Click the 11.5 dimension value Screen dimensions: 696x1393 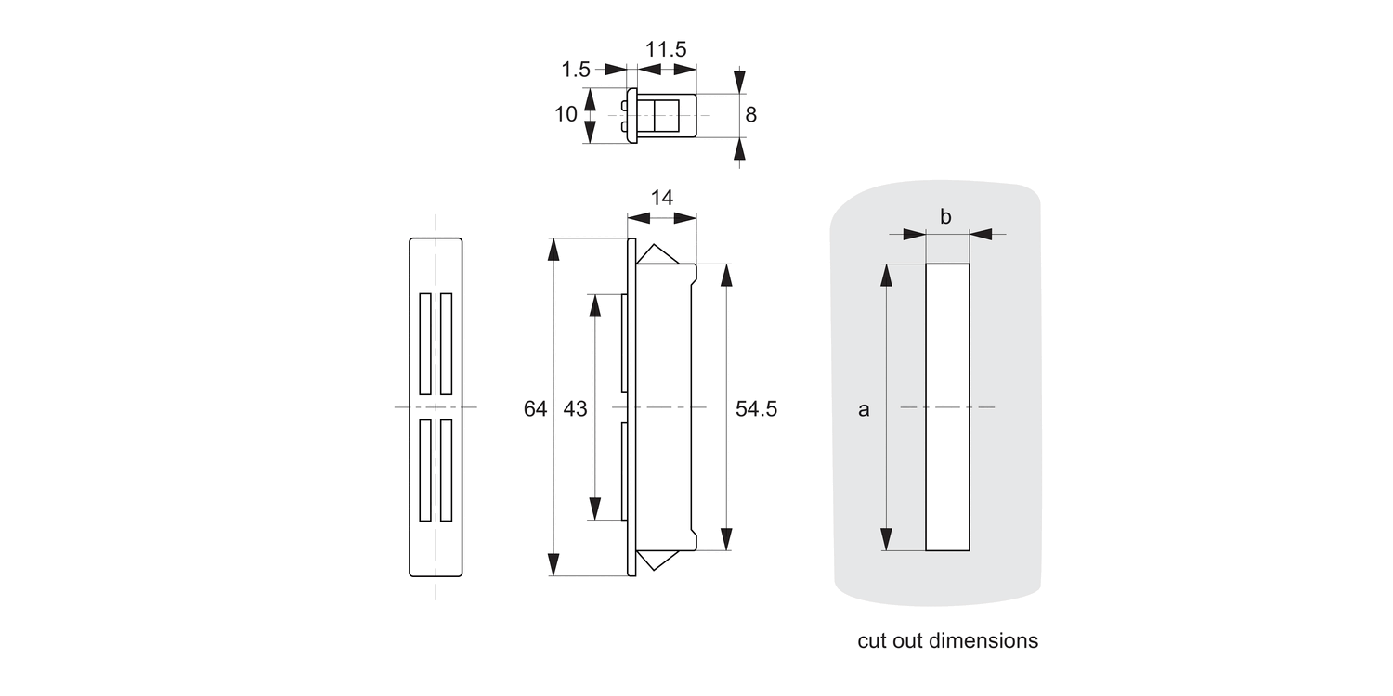pyautogui.click(x=666, y=49)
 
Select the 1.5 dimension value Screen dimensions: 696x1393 pyautogui.click(x=576, y=70)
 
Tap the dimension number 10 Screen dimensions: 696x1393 pyautogui.click(x=566, y=115)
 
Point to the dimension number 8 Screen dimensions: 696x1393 pyautogui.click(x=750, y=115)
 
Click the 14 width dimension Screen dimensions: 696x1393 pyautogui.click(x=661, y=198)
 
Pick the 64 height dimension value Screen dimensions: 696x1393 pyautogui.click(x=535, y=408)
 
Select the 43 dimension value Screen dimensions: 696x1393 pyautogui.click(x=575, y=408)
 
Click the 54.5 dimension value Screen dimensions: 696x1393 pyautogui.click(x=756, y=408)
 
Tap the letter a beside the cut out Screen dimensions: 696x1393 pyautogui.click(x=864, y=408)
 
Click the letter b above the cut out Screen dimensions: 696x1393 pyautogui.click(x=945, y=217)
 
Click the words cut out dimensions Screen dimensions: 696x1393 pyautogui.click(x=947, y=640)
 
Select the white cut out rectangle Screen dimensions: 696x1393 pyautogui.click(x=947, y=406)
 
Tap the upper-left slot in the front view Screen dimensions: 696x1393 pyautogui.click(x=424, y=342)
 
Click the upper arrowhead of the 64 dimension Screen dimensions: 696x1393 pyautogui.click(x=554, y=250)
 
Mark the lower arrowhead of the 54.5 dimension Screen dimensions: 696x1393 pyautogui.click(x=726, y=539)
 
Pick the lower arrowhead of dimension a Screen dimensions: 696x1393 pyautogui.click(x=887, y=539)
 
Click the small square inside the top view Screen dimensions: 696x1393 pyautogui.click(x=667, y=115)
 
